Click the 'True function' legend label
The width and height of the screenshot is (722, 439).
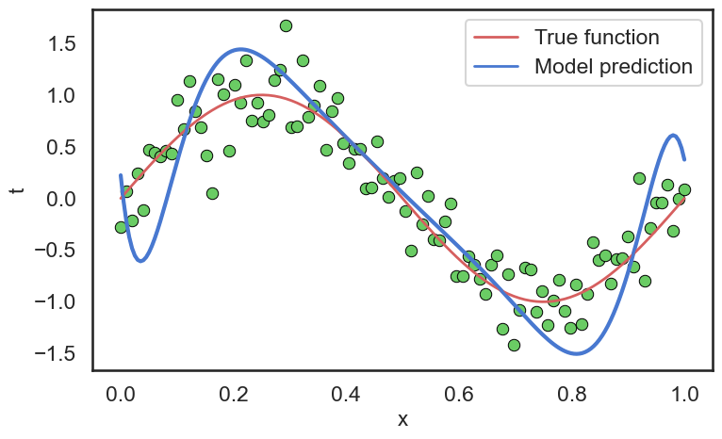596,38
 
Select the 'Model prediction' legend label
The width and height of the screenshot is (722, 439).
613,67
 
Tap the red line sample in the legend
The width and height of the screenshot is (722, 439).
494,39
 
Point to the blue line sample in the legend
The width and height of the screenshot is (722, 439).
494,67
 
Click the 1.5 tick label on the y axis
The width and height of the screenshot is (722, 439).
59,44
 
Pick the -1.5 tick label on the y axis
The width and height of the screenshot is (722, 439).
53,353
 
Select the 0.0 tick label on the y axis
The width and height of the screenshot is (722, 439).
59,199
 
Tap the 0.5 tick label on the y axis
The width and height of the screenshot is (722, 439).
59,147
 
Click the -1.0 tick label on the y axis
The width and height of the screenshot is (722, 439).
53,302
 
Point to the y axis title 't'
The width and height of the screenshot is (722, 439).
16,189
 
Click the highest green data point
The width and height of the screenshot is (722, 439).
286,25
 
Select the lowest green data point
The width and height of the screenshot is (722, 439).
514,345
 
